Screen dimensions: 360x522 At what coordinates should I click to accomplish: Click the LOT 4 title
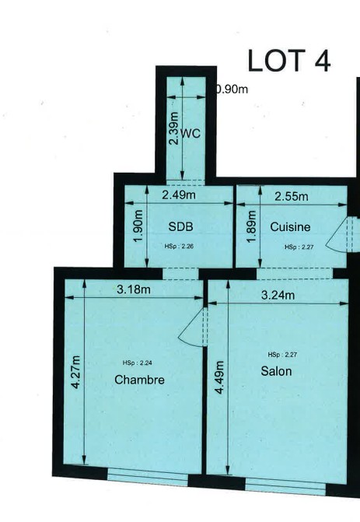pyautogui.click(x=289, y=61)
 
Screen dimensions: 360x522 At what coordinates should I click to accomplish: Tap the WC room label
pyautogui.click(x=190, y=134)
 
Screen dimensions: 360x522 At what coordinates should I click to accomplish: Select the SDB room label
pyautogui.click(x=180, y=226)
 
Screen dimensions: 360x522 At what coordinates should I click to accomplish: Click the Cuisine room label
pyautogui.click(x=290, y=226)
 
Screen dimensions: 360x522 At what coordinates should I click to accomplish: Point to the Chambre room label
pyautogui.click(x=139, y=380)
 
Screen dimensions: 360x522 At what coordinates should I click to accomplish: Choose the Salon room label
pyautogui.click(x=276, y=371)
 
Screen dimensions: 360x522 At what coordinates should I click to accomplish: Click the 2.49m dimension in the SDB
pyautogui.click(x=179, y=194)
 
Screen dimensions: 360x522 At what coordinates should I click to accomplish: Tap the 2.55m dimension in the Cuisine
pyautogui.click(x=292, y=196)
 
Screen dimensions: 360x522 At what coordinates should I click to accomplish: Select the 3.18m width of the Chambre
pyautogui.click(x=134, y=289)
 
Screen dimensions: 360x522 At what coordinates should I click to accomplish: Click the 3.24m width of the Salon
pyautogui.click(x=278, y=295)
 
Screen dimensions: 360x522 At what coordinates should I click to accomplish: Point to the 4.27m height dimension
pyautogui.click(x=76, y=372)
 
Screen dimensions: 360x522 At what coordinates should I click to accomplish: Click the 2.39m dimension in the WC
pyautogui.click(x=173, y=128)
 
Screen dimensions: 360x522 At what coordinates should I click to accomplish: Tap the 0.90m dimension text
pyautogui.click(x=232, y=89)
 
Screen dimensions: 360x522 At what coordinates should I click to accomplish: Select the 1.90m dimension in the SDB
pyautogui.click(x=138, y=226)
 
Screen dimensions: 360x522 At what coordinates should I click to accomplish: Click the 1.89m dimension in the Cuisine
pyautogui.click(x=251, y=226)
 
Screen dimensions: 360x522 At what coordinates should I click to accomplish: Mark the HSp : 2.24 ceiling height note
pyautogui.click(x=138, y=363)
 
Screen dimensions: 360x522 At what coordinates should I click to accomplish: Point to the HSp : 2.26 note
pyautogui.click(x=179, y=247)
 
